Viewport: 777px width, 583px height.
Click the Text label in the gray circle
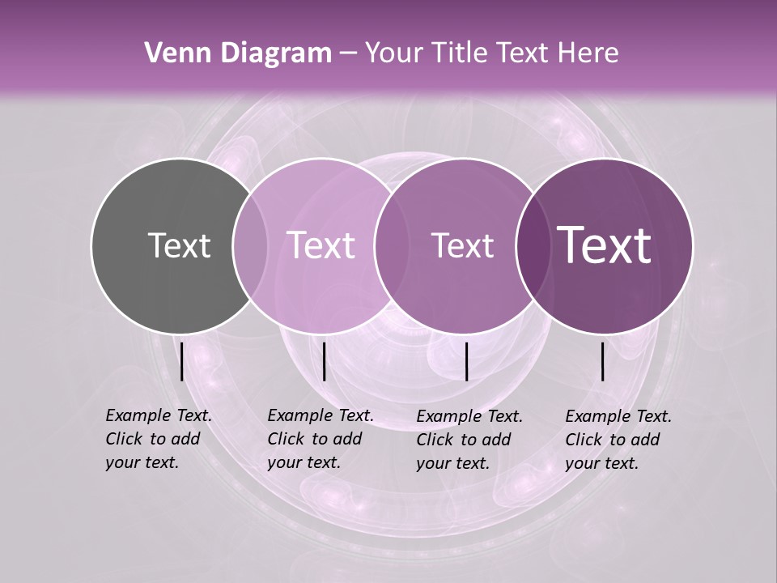coord(179,245)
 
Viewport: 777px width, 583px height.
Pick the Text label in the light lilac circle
coord(321,245)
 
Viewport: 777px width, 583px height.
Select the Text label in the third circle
coord(462,245)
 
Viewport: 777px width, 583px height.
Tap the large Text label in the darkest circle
coord(605,245)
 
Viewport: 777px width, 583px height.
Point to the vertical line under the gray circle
coord(182,361)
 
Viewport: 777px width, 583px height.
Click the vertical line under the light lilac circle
coord(325,361)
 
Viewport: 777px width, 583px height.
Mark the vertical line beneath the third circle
coord(467,361)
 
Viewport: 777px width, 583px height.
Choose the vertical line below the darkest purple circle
coord(603,361)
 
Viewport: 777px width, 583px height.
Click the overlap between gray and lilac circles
coord(250,246)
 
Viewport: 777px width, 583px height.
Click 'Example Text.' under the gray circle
coord(159,415)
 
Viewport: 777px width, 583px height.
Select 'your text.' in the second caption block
coord(304,462)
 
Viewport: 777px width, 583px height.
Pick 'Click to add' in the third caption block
coord(464,440)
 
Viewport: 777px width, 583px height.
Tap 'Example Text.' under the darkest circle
coord(618,416)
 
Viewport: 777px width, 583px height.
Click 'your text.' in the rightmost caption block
coord(601,463)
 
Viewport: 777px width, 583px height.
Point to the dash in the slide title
coord(348,53)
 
